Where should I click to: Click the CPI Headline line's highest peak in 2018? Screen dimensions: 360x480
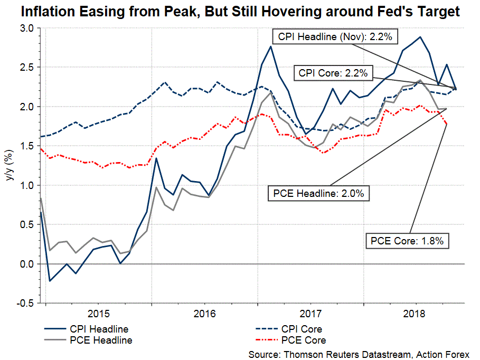[x=420, y=37]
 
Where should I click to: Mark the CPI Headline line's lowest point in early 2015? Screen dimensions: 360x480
[x=49, y=281]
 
